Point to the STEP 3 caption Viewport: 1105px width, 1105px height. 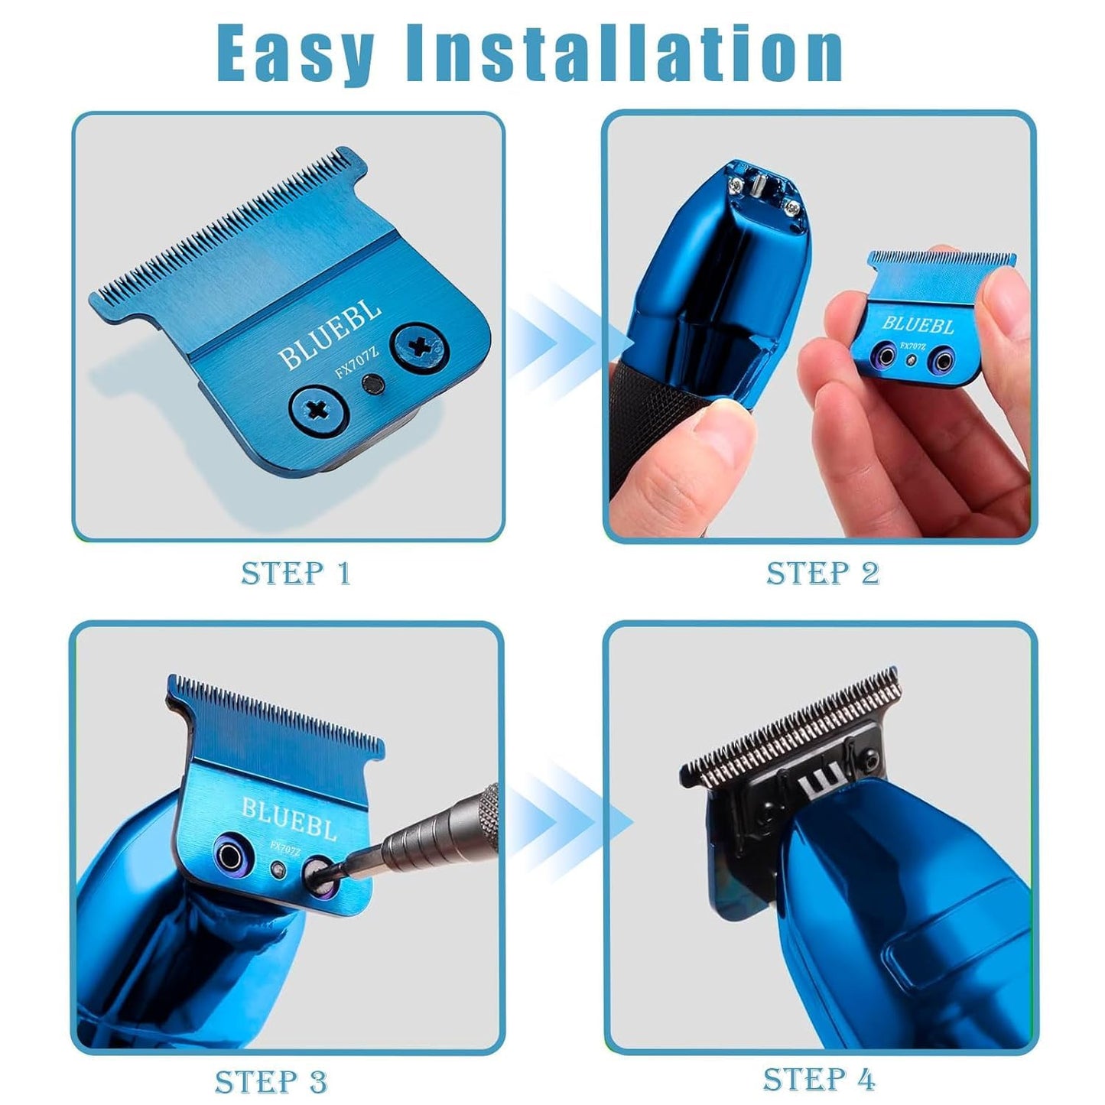(271, 1081)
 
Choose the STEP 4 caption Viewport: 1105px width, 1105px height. (819, 1079)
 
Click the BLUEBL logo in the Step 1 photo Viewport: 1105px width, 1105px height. (330, 334)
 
